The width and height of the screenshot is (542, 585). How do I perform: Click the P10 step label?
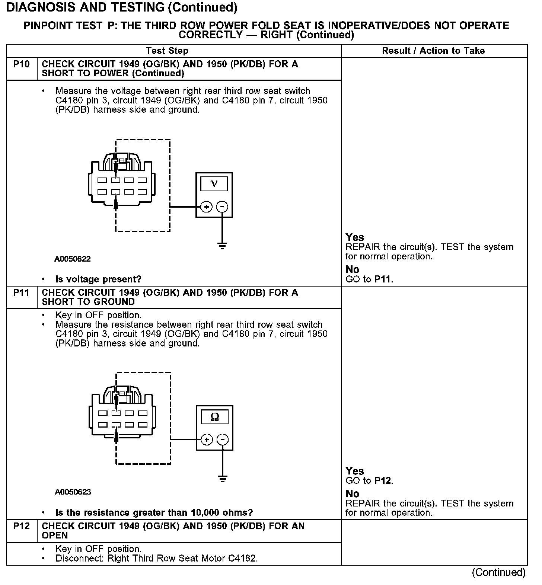click(21, 64)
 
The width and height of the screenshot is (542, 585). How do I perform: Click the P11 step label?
click(21, 293)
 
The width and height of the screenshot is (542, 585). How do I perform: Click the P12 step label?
click(21, 526)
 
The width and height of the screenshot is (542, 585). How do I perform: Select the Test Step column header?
click(167, 51)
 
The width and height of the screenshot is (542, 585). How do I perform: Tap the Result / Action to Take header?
click(433, 51)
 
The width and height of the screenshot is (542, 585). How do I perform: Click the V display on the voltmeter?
click(214, 183)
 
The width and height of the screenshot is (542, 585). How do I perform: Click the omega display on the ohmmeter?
click(215, 417)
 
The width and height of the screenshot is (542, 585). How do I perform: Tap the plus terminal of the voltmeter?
click(206, 207)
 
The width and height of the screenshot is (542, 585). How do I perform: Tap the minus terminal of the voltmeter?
click(222, 207)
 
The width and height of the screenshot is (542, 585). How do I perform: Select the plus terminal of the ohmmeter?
click(207, 440)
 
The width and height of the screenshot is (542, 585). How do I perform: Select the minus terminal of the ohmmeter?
click(223, 440)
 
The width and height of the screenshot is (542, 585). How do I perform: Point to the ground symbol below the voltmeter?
click(222, 246)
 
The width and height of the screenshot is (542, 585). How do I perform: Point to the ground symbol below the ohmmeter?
click(223, 479)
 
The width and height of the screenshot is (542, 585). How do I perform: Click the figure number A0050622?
click(73, 259)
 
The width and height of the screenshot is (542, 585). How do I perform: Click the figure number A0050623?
click(73, 492)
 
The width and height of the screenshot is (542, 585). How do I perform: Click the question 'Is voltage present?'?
click(98, 279)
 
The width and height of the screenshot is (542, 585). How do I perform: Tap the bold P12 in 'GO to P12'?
click(383, 481)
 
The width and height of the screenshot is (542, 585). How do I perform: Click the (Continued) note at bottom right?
click(499, 572)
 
